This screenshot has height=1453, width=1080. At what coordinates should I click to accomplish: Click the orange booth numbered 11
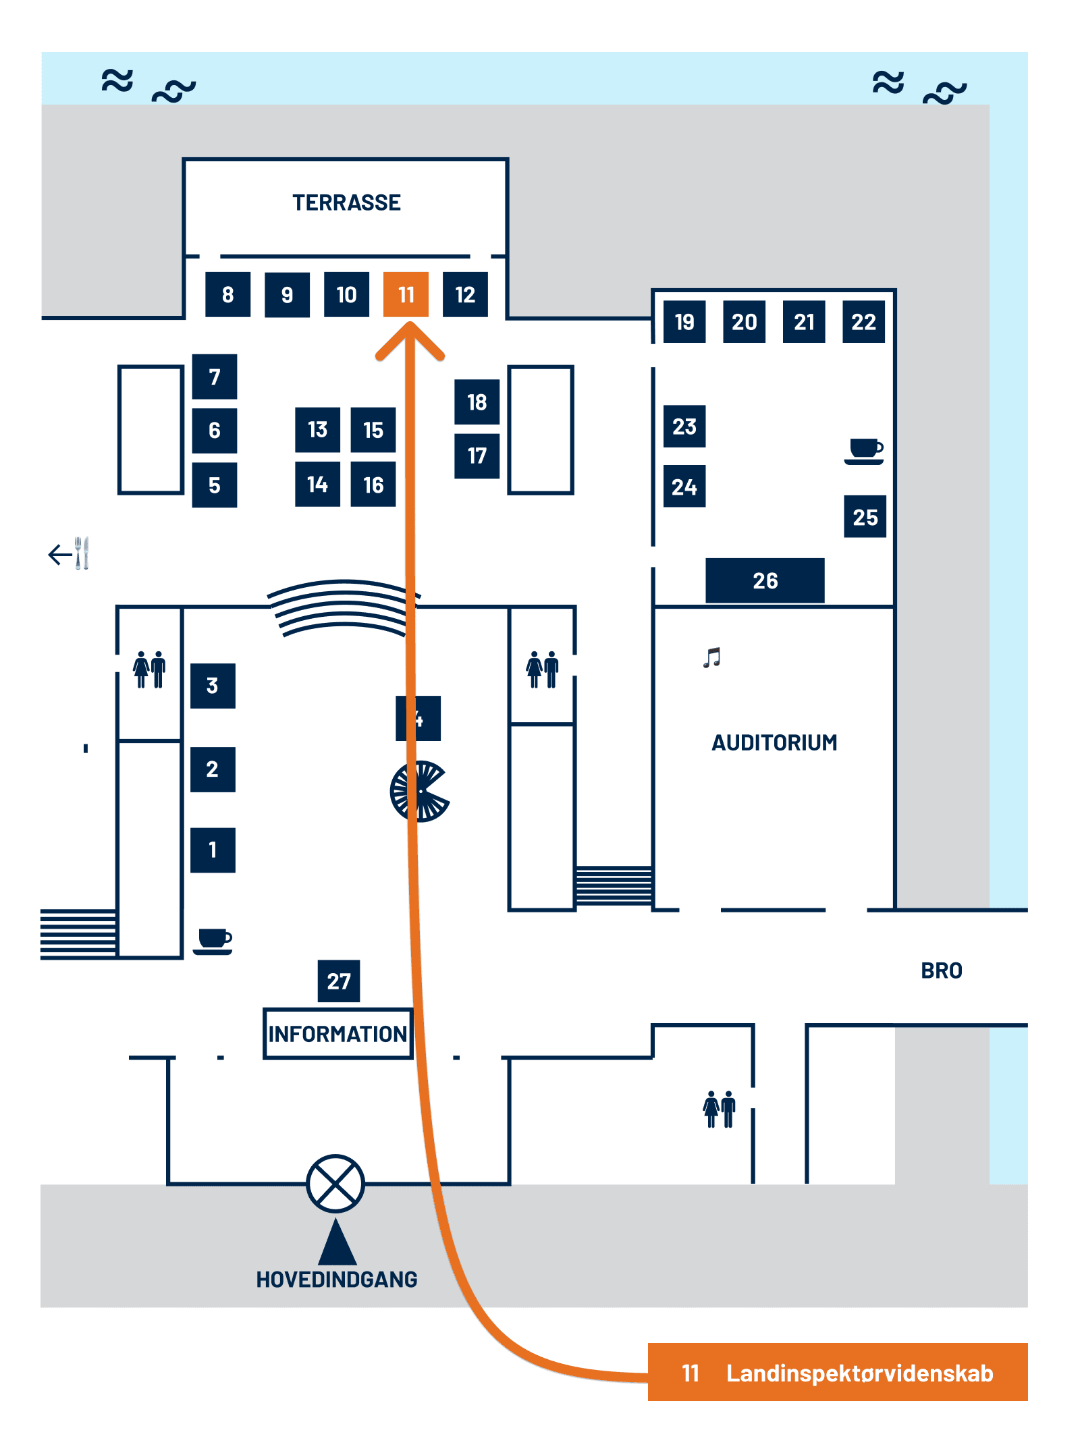[406, 294]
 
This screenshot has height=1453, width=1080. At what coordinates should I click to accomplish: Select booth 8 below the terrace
[227, 294]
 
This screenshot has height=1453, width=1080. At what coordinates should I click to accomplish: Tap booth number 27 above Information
[338, 981]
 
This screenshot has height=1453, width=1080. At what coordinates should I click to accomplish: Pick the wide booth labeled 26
[765, 580]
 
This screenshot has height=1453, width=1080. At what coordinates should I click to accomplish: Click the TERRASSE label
[346, 202]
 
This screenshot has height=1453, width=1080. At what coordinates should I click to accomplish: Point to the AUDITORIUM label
[774, 742]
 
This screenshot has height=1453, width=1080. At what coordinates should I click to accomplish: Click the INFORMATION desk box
[337, 1033]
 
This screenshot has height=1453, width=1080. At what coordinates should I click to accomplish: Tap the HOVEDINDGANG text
[336, 1279]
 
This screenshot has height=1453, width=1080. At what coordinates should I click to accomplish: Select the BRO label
[942, 970]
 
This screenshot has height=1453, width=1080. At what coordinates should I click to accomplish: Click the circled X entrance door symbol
[335, 1183]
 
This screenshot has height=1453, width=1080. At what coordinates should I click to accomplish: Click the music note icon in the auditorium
[712, 657]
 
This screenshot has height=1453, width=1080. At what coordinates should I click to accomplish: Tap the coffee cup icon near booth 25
[865, 451]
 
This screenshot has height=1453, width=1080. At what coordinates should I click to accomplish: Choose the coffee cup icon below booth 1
[214, 941]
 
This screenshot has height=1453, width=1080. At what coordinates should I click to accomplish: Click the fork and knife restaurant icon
[82, 553]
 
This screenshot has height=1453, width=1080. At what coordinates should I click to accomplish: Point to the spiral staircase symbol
[420, 791]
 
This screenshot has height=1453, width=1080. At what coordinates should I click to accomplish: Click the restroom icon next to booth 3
[149, 669]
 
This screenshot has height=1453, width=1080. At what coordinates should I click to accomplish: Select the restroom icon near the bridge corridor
[719, 1109]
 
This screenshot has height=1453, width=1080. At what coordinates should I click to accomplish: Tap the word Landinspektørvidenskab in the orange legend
[859, 1373]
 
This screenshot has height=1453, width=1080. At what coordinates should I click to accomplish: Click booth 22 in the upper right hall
[863, 322]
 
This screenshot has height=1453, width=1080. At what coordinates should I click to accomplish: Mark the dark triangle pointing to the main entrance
[337, 1243]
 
